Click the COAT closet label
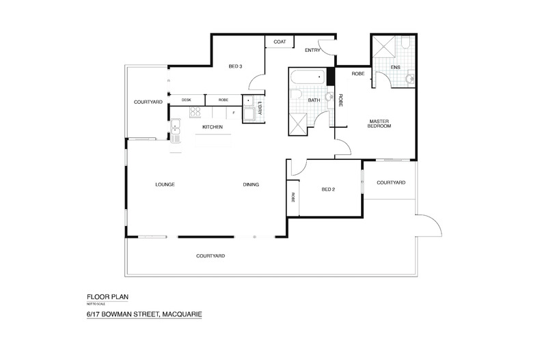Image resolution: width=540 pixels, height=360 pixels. [279, 42]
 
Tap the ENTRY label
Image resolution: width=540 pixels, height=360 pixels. [313, 50]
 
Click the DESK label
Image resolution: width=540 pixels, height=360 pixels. [187, 100]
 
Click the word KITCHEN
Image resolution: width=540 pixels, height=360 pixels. [213, 127]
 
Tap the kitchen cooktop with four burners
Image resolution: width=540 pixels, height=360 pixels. [194, 113]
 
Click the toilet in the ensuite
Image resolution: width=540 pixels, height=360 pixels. [405, 46]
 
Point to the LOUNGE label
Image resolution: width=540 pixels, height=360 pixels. [166, 185]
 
